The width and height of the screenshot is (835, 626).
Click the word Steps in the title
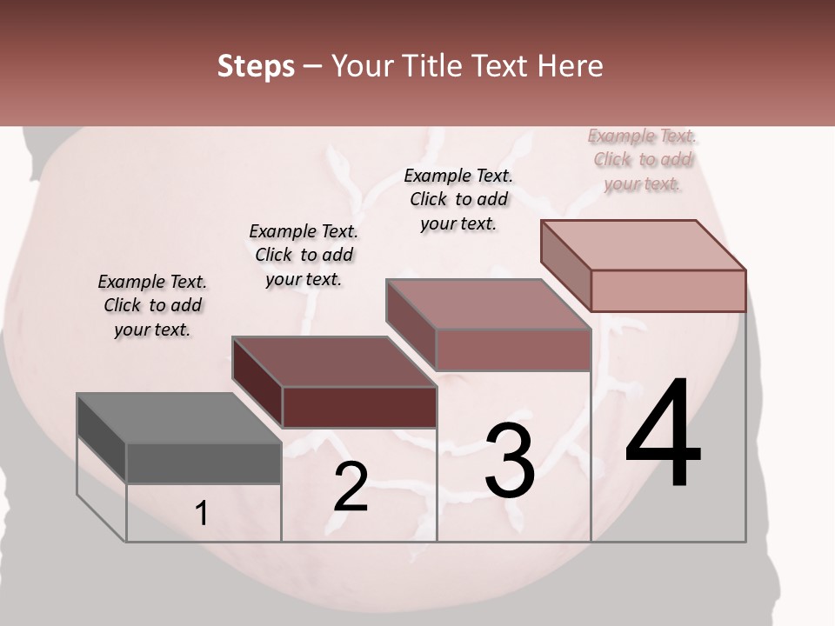pyautogui.click(x=256, y=66)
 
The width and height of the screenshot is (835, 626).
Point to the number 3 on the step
pyautogui.click(x=510, y=460)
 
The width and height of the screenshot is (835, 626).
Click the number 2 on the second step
pyautogui.click(x=351, y=487)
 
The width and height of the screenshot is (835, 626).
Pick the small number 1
pyautogui.click(x=202, y=514)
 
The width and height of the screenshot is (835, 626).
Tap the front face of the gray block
pyautogui.click(x=204, y=463)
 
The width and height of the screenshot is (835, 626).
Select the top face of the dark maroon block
pyautogui.click(x=334, y=362)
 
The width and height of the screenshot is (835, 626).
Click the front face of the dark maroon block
pyautogui.click(x=359, y=407)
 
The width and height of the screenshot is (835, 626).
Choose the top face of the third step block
pyautogui.click(x=488, y=304)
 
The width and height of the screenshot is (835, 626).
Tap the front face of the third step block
pyautogui.click(x=513, y=350)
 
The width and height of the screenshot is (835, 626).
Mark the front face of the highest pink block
pyautogui.click(x=668, y=290)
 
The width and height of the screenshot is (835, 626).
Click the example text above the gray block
pyautogui.click(x=152, y=305)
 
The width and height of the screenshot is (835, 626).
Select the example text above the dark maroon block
pyautogui.click(x=304, y=255)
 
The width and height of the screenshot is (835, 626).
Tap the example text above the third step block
pyautogui.click(x=458, y=199)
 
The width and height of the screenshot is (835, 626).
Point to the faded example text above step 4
pyautogui.click(x=643, y=159)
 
